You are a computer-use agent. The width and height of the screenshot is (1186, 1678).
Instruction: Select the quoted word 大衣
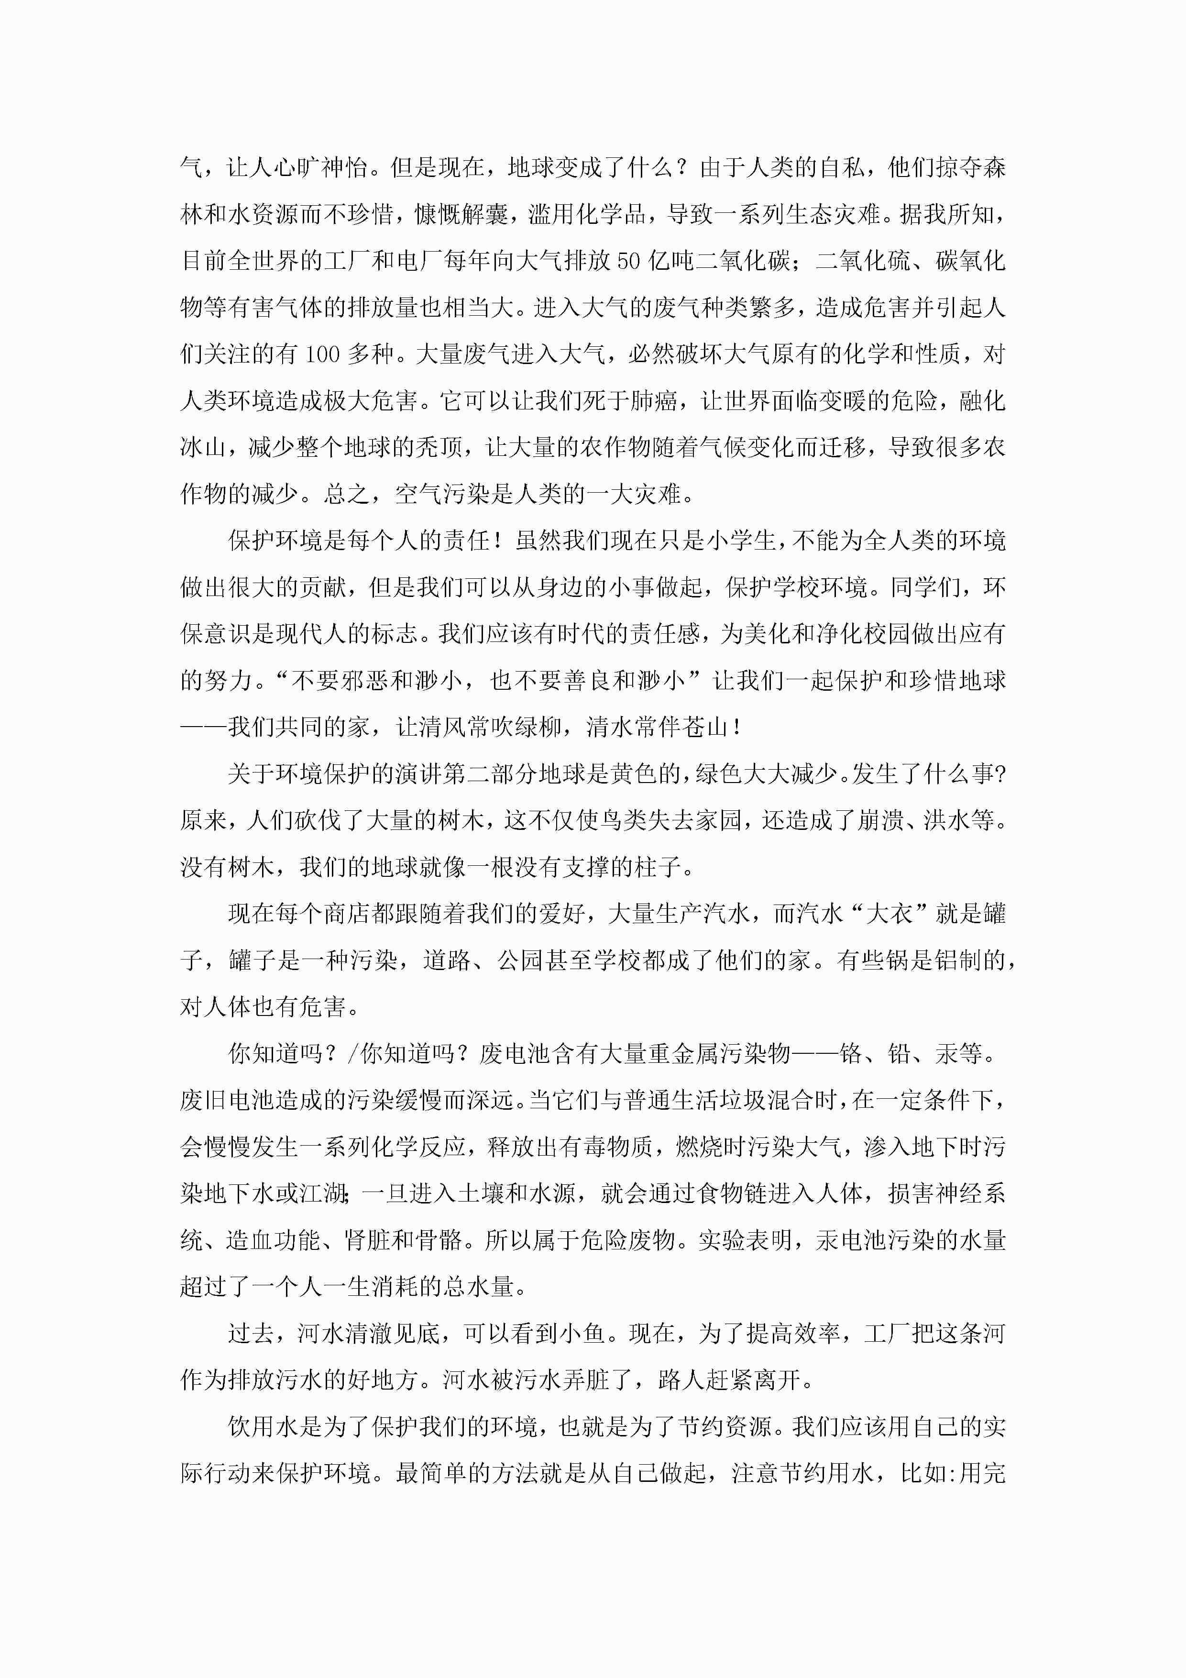[x=889, y=914]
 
